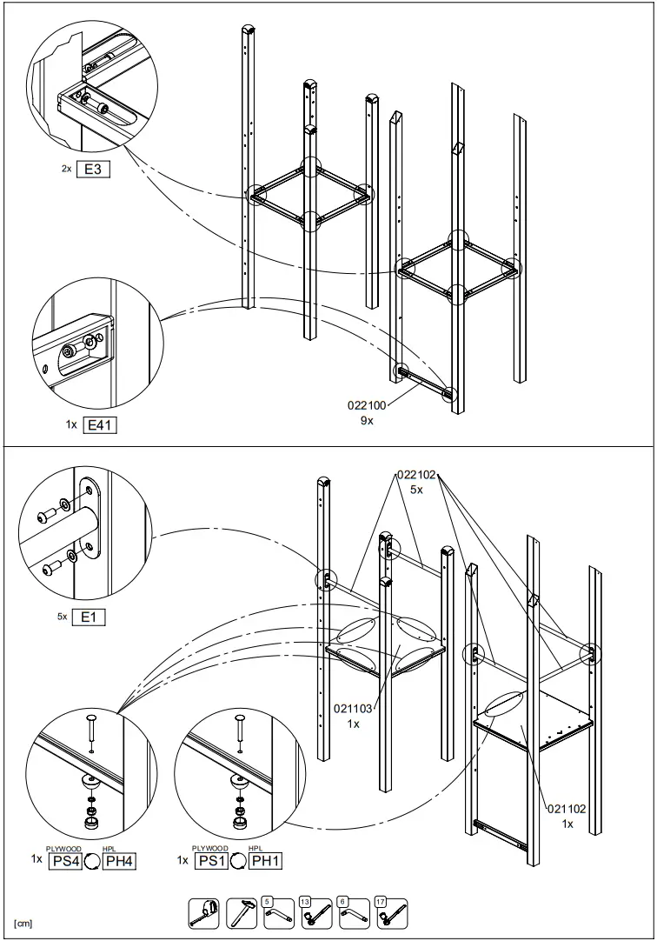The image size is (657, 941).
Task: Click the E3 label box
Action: pos(94,170)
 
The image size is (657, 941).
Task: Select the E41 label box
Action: pos(99,425)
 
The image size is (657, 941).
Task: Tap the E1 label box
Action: pos(92,617)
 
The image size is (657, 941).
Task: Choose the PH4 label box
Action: pos(119,861)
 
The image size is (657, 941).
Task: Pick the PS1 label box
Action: pos(209,861)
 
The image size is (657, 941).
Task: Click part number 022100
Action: pos(367,404)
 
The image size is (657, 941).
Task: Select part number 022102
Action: pos(416,475)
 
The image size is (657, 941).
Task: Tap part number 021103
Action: pos(354,709)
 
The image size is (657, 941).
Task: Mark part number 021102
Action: pos(567,809)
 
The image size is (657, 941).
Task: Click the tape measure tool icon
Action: pos(203,912)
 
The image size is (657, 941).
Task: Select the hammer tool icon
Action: pos(242,912)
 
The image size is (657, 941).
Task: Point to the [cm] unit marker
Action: pos(23,923)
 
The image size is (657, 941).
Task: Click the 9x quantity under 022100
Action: pos(367,421)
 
